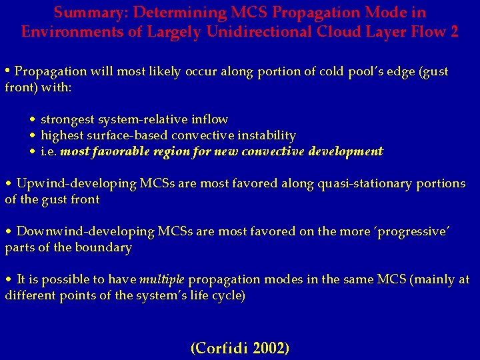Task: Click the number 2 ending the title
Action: (454, 31)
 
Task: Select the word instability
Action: (263, 135)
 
